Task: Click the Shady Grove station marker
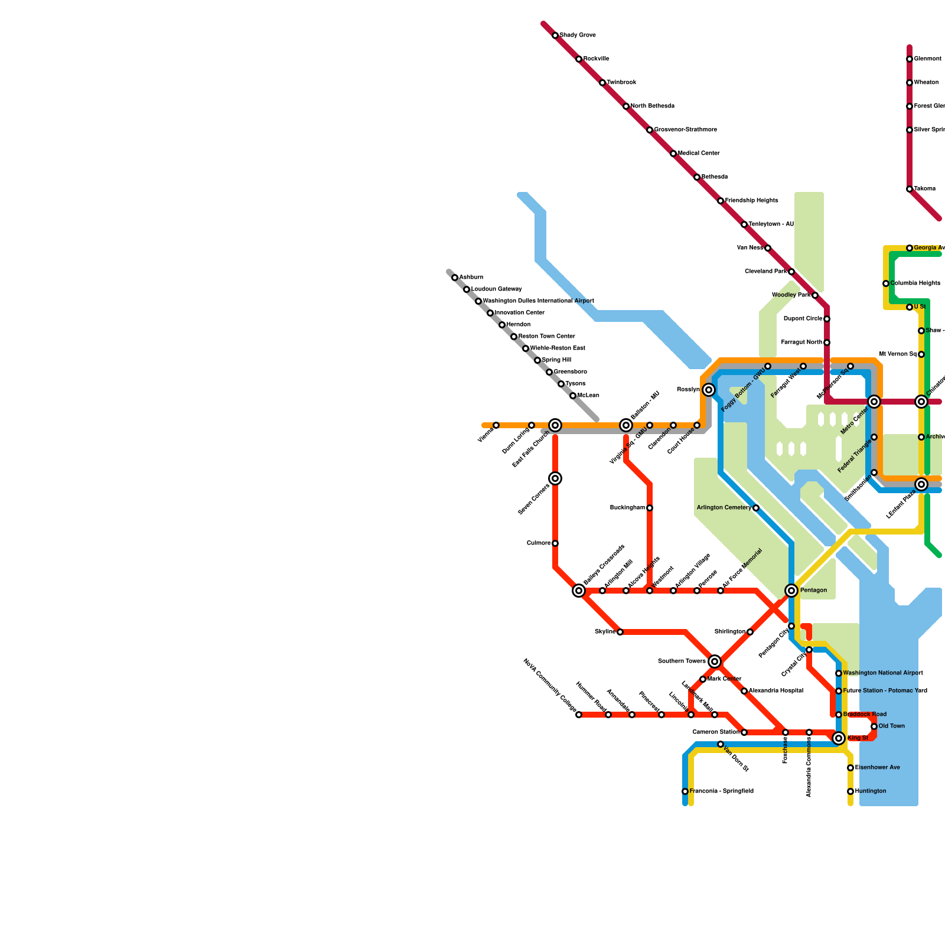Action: [555, 35]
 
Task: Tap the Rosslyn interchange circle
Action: [709, 390]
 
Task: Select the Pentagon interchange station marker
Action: [791, 591]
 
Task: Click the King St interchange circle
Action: [839, 738]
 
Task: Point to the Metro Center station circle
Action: [874, 402]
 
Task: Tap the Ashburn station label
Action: [471, 277]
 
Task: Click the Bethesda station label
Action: [715, 177]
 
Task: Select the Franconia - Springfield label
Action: [721, 791]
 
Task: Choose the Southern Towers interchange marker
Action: [715, 661]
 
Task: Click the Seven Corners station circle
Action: [555, 478]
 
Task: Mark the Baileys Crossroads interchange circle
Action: [579, 591]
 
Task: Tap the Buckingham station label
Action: [627, 507]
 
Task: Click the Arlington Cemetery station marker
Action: [756, 508]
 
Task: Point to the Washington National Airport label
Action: [883, 673]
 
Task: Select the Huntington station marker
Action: [850, 791]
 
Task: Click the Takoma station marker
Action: [910, 189]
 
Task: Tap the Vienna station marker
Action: [496, 425]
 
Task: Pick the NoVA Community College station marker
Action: [579, 715]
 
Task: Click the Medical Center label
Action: [699, 153]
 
